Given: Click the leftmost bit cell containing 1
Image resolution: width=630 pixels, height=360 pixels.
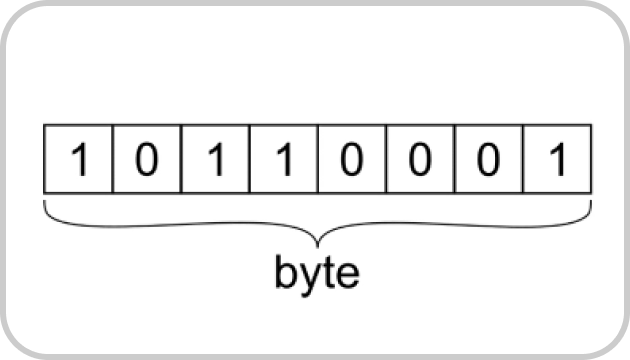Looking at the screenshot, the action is point(78,159).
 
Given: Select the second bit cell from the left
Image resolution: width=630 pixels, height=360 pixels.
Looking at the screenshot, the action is point(146,159).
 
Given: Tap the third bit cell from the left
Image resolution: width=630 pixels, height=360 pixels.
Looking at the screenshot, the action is point(214,159).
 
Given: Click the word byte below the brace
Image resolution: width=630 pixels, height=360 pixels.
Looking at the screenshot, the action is point(317,273).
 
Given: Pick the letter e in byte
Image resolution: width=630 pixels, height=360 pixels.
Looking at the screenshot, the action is point(345,275).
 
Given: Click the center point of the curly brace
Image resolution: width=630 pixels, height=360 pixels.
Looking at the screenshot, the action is point(317,240).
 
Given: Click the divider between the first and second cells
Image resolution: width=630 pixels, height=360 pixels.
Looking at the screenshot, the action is point(112,159).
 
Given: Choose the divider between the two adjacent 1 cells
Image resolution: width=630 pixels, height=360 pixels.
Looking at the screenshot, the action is point(248,159).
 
